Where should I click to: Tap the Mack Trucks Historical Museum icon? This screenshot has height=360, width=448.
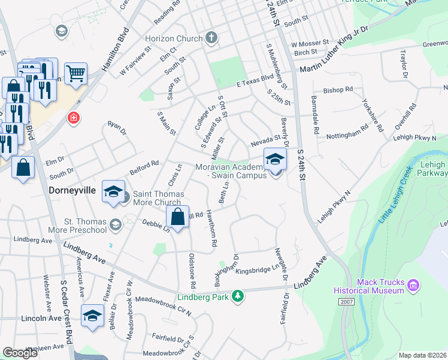413,284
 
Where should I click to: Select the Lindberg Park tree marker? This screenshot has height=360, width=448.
238,296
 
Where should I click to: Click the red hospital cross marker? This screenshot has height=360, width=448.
74,118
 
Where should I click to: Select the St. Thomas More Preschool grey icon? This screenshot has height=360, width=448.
115,225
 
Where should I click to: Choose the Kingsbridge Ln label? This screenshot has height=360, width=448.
258,271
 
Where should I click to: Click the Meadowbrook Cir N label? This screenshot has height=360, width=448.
163,305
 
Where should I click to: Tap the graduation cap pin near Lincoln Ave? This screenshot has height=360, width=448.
92,316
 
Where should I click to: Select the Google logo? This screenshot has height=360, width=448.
20,353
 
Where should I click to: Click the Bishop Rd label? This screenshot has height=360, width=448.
338,90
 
